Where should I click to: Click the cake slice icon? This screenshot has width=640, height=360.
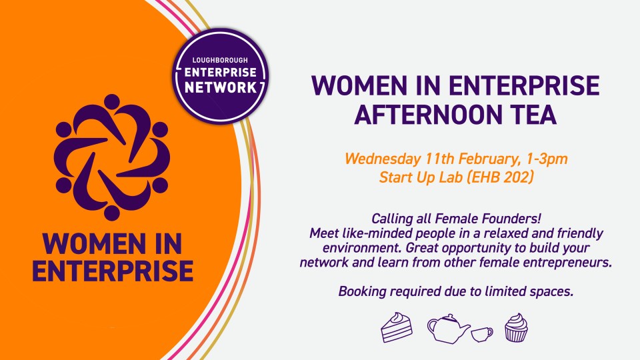397,327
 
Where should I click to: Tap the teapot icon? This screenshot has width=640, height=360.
448,328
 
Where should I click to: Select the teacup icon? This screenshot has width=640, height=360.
482,334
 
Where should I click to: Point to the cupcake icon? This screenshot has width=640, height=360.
516,327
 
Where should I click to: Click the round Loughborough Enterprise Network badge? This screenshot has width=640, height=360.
221,75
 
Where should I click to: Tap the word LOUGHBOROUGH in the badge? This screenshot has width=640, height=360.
220,60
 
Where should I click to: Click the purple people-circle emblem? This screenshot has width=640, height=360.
111,157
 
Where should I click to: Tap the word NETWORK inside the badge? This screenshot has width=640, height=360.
221,87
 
